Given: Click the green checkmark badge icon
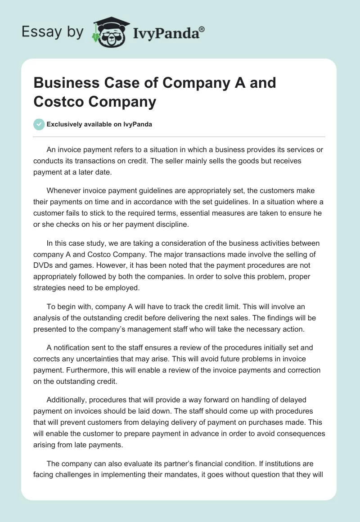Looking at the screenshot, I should pyautogui.click(x=39, y=124).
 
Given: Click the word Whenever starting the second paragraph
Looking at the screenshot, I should pyautogui.click(x=65, y=191).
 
